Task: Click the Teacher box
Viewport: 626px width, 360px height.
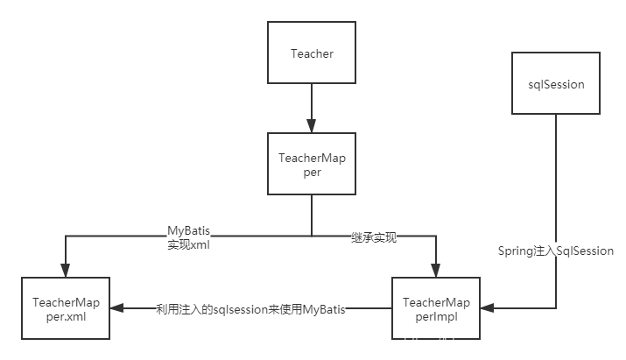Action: [x=312, y=53]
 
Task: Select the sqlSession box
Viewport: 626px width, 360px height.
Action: [x=557, y=84]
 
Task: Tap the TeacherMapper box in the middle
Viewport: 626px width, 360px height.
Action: [x=312, y=165]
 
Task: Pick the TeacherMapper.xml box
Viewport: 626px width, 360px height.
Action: [x=67, y=308]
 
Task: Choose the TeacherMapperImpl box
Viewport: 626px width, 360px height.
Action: [x=437, y=308]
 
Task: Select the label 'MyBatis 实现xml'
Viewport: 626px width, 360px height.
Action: [x=189, y=236]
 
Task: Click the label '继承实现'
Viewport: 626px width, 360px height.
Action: [x=373, y=236]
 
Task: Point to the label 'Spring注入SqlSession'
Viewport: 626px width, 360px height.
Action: [x=556, y=251]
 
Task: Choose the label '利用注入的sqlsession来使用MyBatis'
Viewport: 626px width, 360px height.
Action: [x=250, y=308]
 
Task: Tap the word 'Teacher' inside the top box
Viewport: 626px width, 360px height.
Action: [x=312, y=53]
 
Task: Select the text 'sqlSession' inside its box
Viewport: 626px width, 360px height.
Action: [x=557, y=84]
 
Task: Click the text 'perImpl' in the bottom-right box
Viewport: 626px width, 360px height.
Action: [x=437, y=315]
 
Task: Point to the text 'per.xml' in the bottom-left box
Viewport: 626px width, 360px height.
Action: [x=67, y=315]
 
